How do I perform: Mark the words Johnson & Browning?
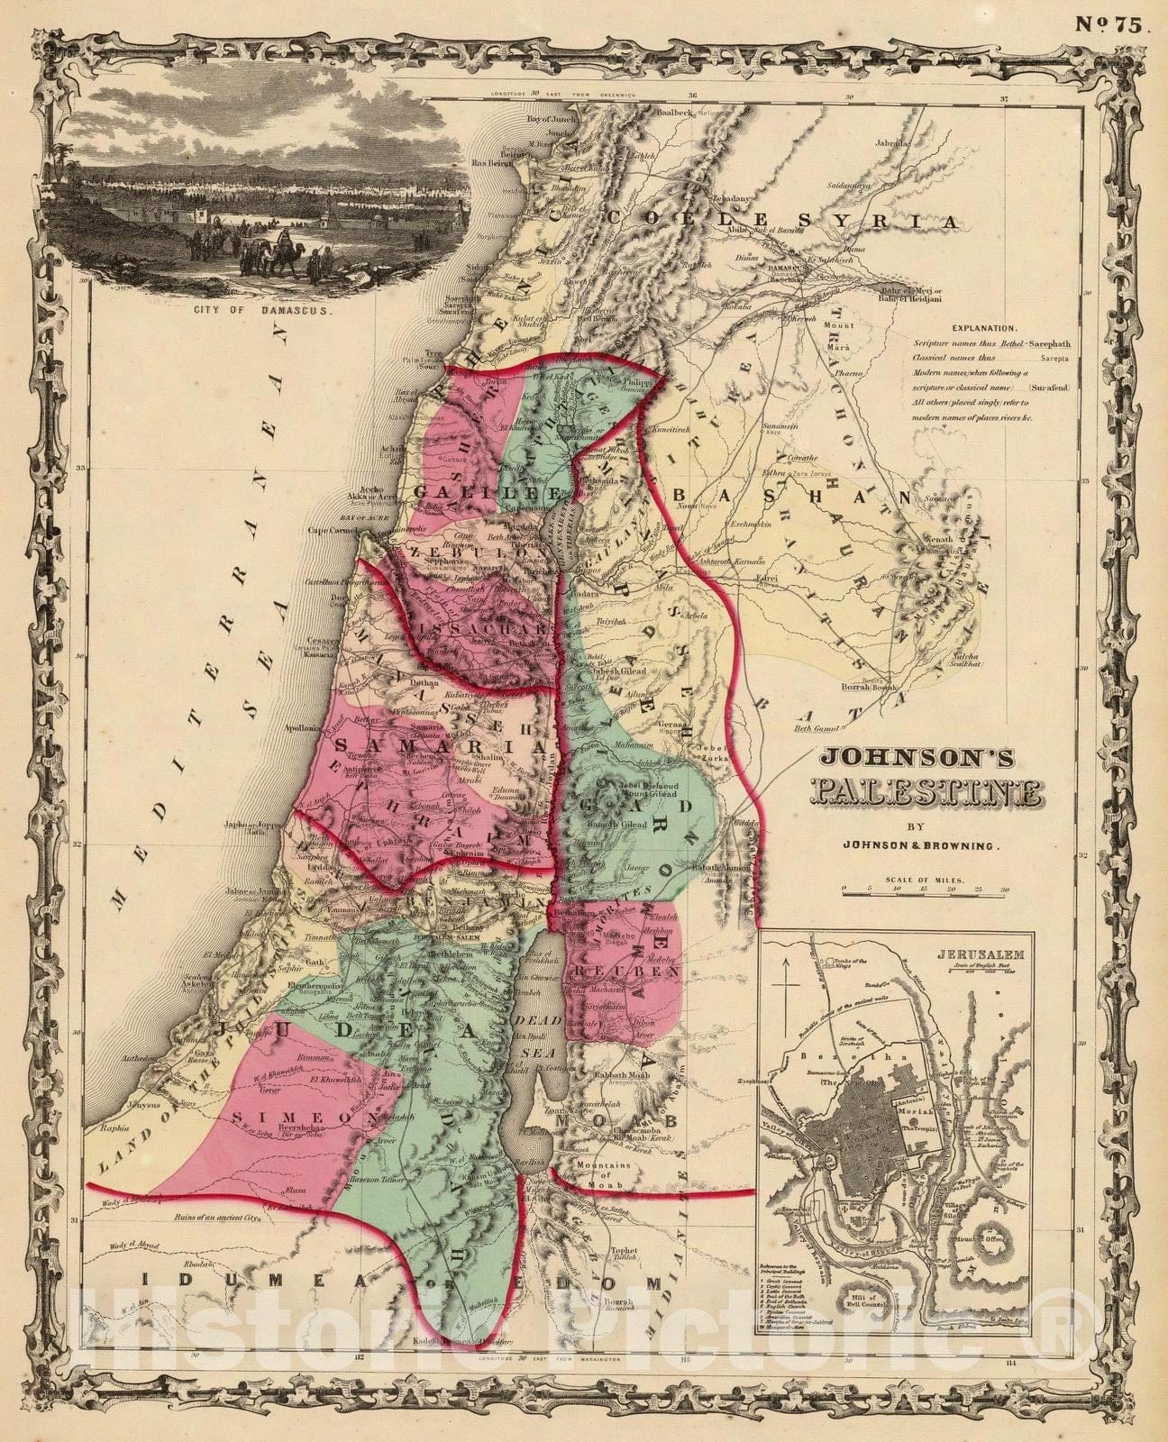tap(928, 846)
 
